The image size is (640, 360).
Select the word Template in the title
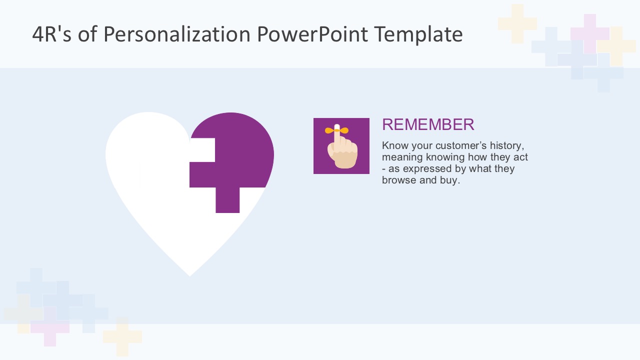coord(418,35)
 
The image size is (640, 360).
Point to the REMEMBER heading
coord(428,124)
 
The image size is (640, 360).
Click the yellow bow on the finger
coord(336,130)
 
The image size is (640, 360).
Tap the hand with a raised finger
coord(342,152)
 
